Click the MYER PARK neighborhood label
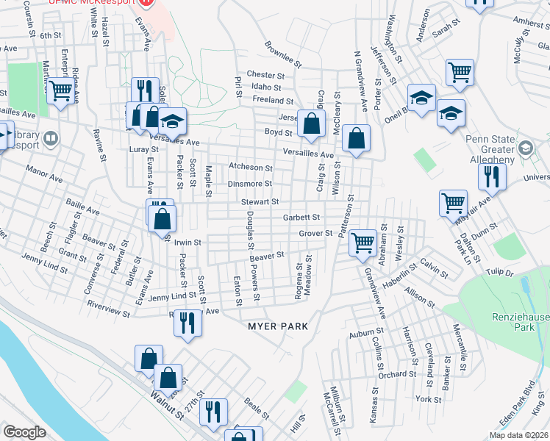pos(276,326)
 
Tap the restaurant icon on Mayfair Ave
pos(491,177)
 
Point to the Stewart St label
pos(260,201)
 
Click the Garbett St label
pos(301,218)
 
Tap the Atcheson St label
pos(251,168)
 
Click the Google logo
pos(24,432)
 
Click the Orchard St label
pos(399,374)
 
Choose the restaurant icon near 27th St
pos(213,412)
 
